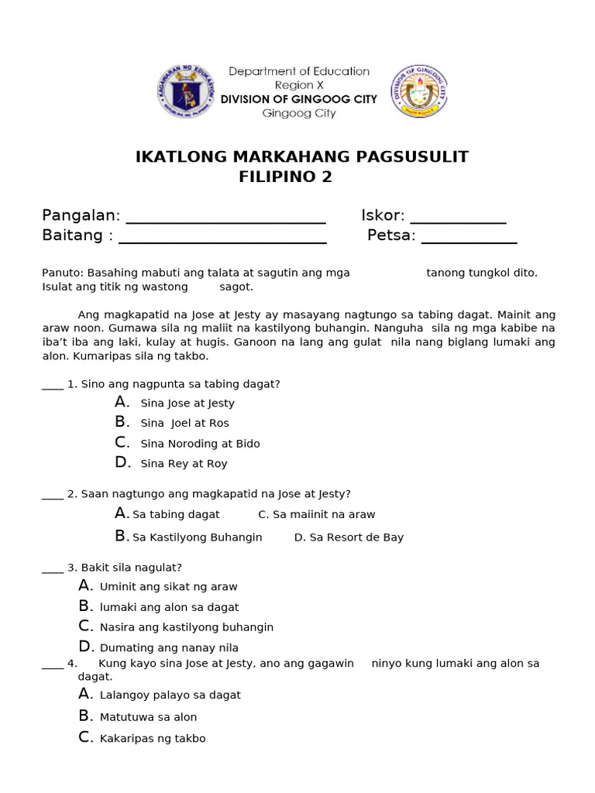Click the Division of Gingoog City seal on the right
[419, 91]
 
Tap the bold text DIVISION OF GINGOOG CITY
[299, 99]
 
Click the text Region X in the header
[299, 85]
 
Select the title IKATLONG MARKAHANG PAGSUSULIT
[302, 157]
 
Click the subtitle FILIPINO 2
[286, 177]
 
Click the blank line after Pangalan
[225, 217]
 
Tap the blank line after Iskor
[458, 217]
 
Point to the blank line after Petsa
[468, 237]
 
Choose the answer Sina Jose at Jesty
[187, 403]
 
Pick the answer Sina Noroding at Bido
[200, 444]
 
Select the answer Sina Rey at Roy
[184, 464]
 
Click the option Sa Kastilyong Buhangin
[198, 537]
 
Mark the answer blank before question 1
[52, 386]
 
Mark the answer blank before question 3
[52, 569]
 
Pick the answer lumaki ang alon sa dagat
[169, 607]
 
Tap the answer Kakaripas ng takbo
[153, 739]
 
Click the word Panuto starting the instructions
[62, 273]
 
